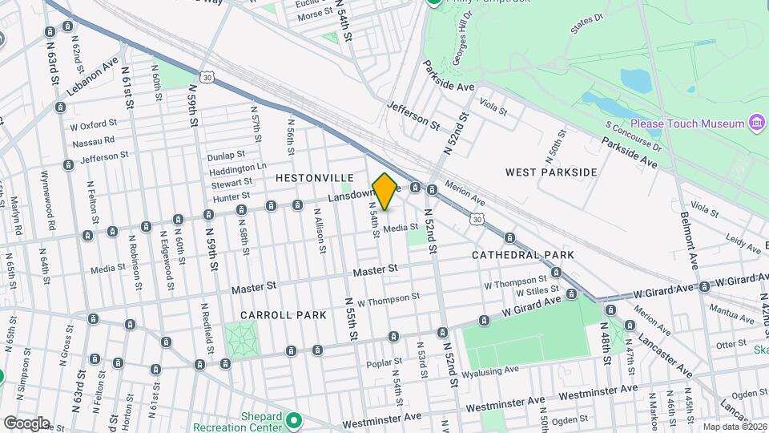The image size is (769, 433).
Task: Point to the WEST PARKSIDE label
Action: (551, 172)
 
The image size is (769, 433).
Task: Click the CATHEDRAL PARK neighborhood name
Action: (522, 255)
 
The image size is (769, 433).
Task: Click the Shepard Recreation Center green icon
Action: (294, 419)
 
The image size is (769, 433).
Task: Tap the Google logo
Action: (26, 423)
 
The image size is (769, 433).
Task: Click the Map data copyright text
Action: (734, 427)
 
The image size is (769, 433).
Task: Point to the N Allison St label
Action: (318, 234)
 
